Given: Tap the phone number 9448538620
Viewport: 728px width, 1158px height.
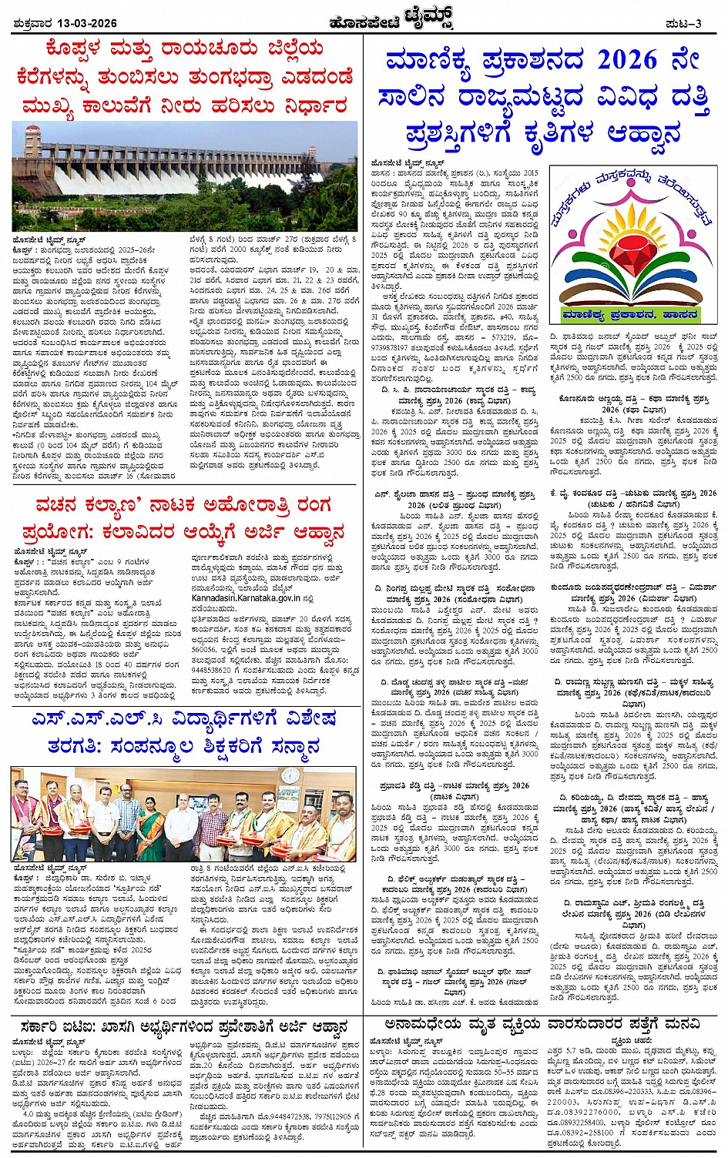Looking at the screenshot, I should coord(212,671).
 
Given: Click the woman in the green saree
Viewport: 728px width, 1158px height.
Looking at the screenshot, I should coord(150,828).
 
